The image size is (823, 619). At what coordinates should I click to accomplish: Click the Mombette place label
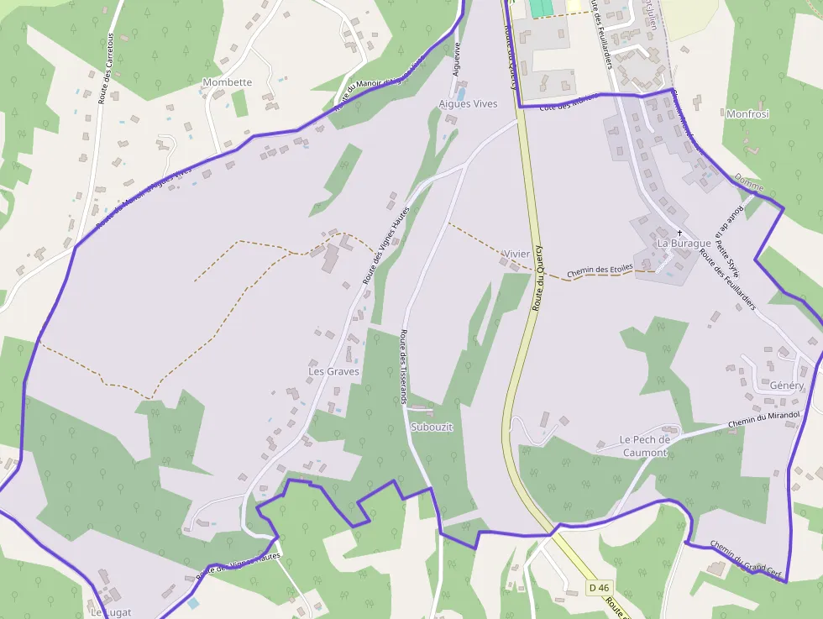point(227,82)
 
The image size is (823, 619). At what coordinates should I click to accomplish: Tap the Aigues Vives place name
point(468,104)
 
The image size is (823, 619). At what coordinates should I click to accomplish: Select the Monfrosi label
point(747,114)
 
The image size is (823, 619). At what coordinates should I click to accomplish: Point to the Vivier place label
point(516,254)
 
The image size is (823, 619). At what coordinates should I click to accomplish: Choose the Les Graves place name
point(333,371)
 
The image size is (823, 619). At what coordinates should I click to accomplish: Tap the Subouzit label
point(432,427)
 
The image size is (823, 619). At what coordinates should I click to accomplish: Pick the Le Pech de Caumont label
point(645,446)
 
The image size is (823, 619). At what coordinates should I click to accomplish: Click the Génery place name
point(787,386)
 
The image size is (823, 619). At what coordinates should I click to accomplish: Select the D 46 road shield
point(598,588)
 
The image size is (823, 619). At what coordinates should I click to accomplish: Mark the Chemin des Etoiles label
point(600,271)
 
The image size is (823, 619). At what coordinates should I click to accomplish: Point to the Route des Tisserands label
point(403,367)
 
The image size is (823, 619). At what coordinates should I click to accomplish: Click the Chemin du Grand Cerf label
point(746,560)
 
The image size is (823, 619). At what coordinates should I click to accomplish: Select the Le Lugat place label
point(110,612)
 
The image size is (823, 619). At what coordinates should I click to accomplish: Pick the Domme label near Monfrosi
point(748,181)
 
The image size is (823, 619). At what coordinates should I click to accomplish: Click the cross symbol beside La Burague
point(679,232)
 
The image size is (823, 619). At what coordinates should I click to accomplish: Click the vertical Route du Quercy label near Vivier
point(537,278)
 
